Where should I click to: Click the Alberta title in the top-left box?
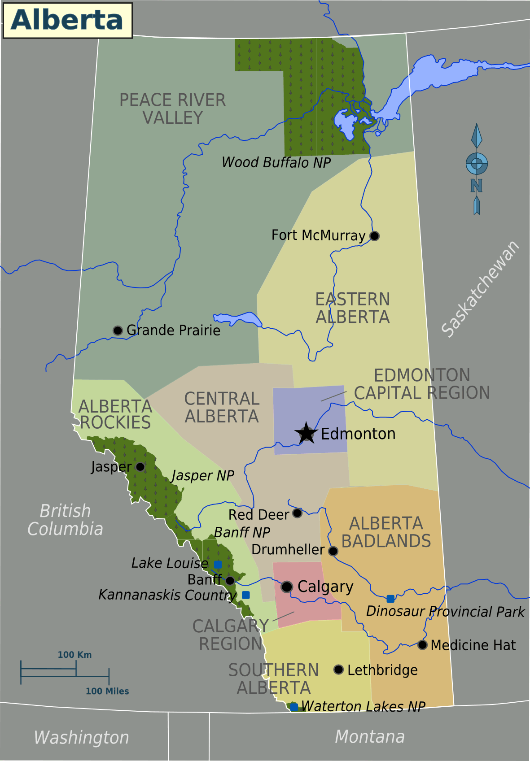pos(67,20)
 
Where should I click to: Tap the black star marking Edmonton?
pos(306,433)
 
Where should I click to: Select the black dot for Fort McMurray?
pos(374,236)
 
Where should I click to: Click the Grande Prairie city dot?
pos(118,330)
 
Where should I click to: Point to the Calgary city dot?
pos(287,587)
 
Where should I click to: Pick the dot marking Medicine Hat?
pos(422,645)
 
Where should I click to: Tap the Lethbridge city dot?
pos(339,670)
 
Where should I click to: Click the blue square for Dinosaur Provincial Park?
pos(390,599)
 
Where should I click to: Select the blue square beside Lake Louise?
pos(218,564)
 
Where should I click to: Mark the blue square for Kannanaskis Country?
pos(246,595)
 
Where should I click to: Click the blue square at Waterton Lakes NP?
pos(294,707)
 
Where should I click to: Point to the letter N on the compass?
pos(477,186)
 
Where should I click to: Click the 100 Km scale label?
pos(74,655)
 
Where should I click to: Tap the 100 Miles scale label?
pos(107,691)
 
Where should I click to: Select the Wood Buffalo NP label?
pos(276,162)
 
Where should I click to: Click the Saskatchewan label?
pos(480,289)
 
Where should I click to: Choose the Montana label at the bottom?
pos(370,737)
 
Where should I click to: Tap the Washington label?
pos(82,738)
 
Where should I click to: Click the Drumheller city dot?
pos(333,551)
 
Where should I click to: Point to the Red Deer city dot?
pos(297,513)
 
